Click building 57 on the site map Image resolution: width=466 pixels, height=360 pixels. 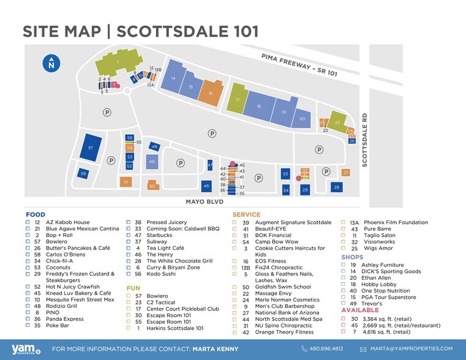(x=91, y=147)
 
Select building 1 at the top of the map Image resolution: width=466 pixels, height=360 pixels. (x=118, y=62)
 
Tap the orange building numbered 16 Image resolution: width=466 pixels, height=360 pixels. (x=210, y=92)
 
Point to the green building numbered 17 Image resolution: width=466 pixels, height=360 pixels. (x=238, y=100)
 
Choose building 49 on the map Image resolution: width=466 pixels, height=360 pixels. (x=151, y=162)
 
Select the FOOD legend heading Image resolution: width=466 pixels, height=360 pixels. (x=35, y=214)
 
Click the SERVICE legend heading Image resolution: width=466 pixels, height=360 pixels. (x=246, y=214)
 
